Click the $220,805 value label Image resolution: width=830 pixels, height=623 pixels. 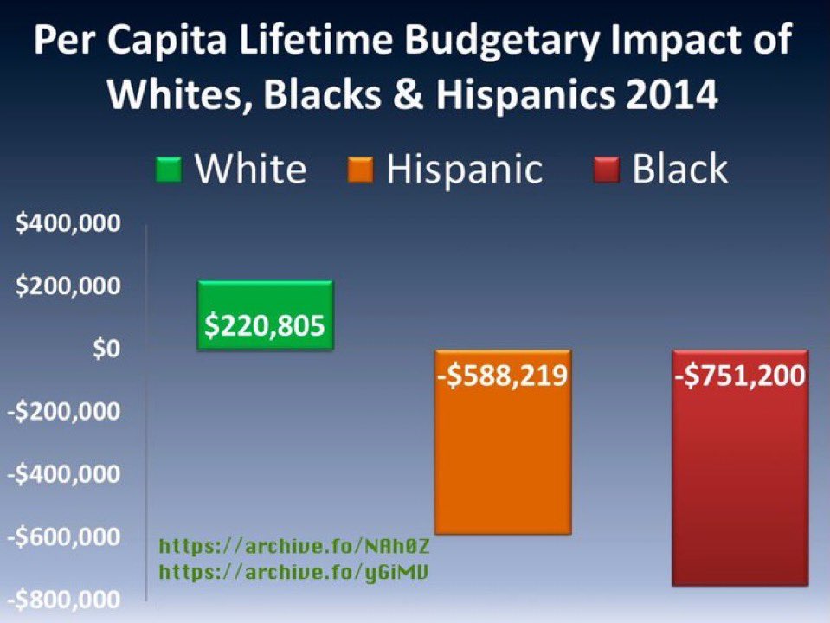pyautogui.click(x=265, y=325)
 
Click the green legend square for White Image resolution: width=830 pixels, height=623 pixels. pyautogui.click(x=170, y=169)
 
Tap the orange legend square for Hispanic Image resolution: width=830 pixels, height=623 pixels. pyautogui.click(x=363, y=169)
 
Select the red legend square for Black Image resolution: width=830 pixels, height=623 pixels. pyautogui.click(x=608, y=169)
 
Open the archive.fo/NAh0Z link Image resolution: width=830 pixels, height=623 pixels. pyautogui.click(x=295, y=548)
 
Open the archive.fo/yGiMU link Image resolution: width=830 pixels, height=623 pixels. pyautogui.click(x=295, y=572)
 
